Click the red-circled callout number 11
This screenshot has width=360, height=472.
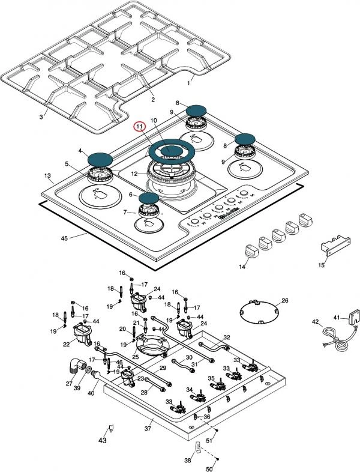pos(139,127)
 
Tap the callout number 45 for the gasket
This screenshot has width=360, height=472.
pos(65,238)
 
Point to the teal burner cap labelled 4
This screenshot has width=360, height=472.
pos(100,159)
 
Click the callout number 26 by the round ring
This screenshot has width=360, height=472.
pos(285,300)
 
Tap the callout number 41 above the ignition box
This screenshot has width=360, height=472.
pos(337,317)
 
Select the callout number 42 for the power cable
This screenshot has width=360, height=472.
pos(315,322)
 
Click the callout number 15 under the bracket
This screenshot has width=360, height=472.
pos(322,265)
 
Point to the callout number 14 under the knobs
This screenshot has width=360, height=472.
pos(242,266)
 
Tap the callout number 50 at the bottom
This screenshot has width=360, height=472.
pos(210,468)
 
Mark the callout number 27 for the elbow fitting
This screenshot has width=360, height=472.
pos(70,383)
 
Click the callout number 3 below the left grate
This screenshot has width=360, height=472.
pos(41,116)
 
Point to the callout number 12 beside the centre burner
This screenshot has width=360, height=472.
pos(135,174)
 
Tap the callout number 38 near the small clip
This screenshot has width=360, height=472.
pos(187,461)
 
